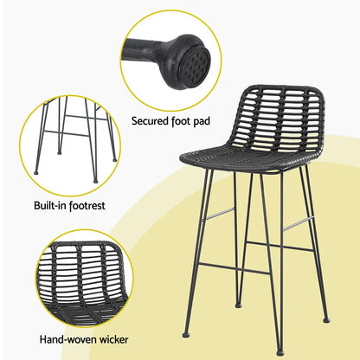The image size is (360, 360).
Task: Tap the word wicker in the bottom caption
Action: [x=107, y=341]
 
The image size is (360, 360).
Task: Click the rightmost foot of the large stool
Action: [x=326, y=320]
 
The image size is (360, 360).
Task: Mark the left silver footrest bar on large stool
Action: [x=220, y=212]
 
